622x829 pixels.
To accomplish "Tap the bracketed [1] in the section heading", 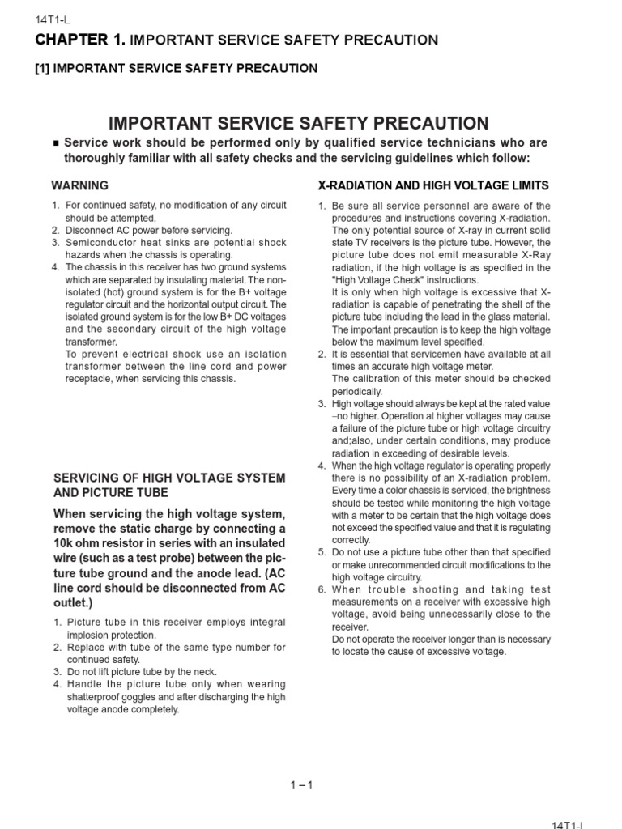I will click(41, 68).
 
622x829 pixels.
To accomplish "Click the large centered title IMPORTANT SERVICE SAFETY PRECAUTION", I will click(299, 123).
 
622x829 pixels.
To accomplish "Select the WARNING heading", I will click(79, 185).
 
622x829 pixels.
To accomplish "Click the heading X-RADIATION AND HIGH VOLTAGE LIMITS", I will click(432, 185).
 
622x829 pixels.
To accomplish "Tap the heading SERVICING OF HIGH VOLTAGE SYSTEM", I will click(168, 478).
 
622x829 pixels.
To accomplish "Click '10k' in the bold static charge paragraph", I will click(65, 544).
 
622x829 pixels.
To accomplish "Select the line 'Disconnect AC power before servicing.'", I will click(148, 231).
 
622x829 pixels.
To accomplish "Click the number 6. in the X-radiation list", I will click(322, 589).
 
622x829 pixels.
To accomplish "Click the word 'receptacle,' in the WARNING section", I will click(91, 379).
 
